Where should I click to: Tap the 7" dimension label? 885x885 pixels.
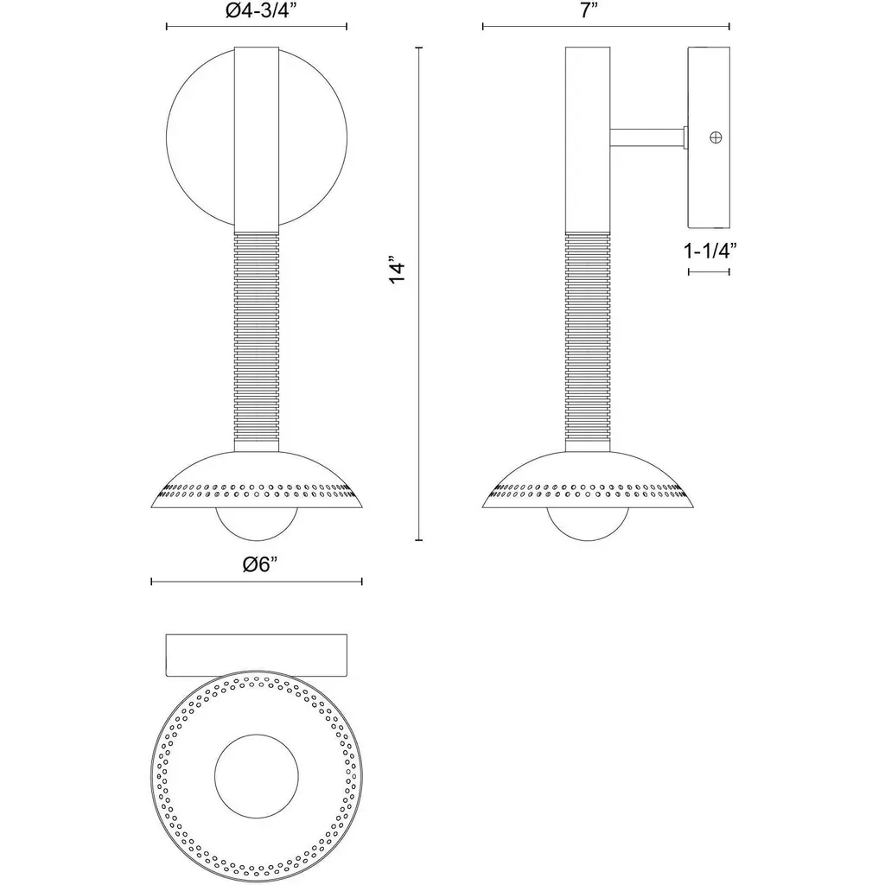pos(589,10)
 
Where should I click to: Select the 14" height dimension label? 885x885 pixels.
pos(398,272)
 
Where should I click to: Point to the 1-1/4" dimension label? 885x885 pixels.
pos(710,250)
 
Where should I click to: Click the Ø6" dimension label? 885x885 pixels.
pos(261,563)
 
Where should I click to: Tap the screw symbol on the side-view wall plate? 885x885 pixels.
pos(716,137)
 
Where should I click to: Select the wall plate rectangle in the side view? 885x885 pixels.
pos(709,137)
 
